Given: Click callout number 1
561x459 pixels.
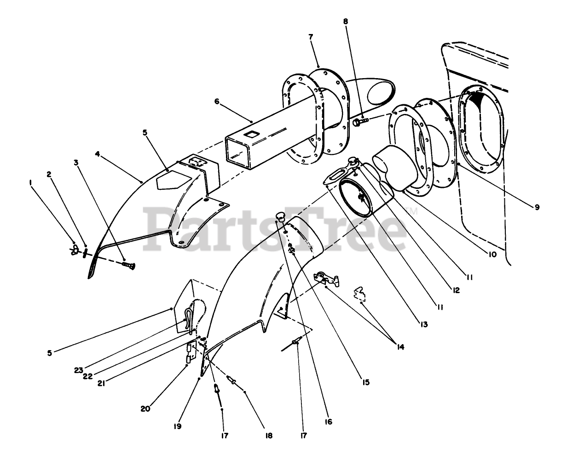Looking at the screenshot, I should [31, 182].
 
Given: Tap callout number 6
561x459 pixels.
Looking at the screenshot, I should [216, 102].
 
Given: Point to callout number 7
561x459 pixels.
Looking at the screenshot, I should [311, 37].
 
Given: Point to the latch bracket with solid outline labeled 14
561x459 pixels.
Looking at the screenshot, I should [325, 278].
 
